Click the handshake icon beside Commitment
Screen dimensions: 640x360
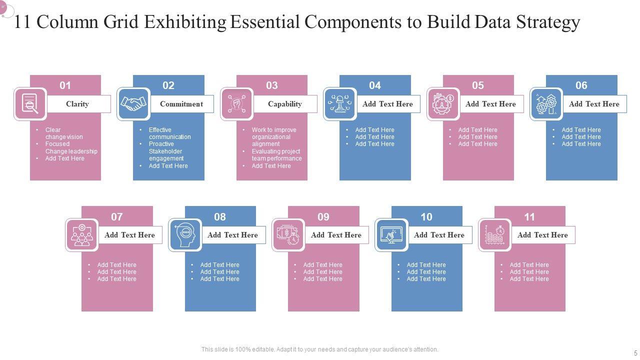133,104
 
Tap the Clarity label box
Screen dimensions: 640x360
77,104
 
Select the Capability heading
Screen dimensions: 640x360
284,104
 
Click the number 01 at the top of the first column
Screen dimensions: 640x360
65,85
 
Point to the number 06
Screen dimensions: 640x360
581,85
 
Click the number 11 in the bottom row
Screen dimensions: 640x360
529,217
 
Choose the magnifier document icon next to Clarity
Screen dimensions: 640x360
30,104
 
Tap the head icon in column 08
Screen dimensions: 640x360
185,235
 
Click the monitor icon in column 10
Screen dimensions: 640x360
391,235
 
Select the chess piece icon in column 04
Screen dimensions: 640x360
340,104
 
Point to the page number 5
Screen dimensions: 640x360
636,353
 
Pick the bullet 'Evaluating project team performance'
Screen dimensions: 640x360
276,155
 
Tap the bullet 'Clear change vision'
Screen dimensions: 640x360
64,133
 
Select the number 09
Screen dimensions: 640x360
323,217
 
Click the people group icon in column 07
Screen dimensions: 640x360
82,235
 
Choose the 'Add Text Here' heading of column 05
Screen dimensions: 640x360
490,104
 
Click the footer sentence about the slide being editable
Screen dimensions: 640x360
320,349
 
